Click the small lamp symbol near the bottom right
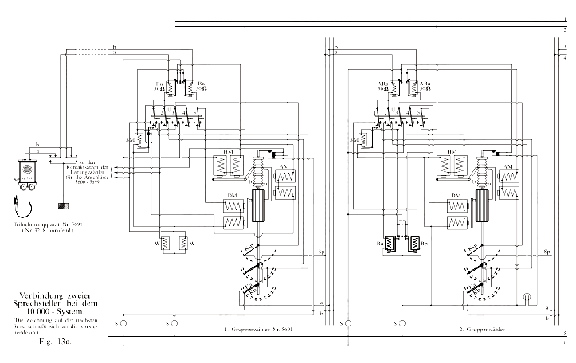click(526, 299)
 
